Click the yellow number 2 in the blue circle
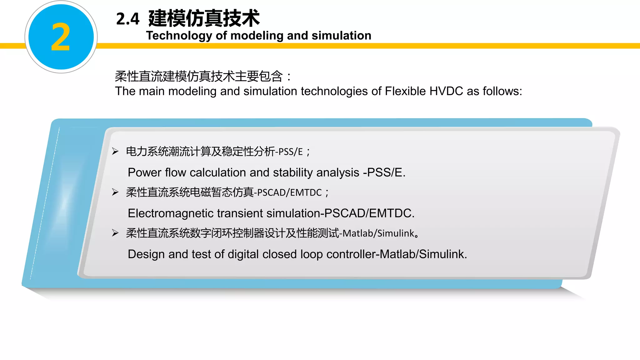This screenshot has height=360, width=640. pyautogui.click(x=61, y=37)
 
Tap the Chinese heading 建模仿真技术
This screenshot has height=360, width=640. pyautogui.click(x=204, y=18)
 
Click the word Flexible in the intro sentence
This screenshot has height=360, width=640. pyautogui.click(x=405, y=91)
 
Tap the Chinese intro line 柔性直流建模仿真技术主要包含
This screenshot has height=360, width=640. pyautogui.click(x=199, y=76)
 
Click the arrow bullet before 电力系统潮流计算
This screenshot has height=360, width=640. pyautogui.click(x=115, y=152)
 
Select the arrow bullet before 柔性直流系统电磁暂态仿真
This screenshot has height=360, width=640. pyautogui.click(x=115, y=192)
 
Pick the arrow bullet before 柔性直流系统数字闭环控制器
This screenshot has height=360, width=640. pyautogui.click(x=115, y=233)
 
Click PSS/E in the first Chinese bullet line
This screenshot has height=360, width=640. pyautogui.click(x=291, y=152)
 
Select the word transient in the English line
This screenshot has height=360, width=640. pyautogui.click(x=240, y=213)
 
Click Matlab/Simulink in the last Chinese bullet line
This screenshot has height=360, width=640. pyautogui.click(x=378, y=233)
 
